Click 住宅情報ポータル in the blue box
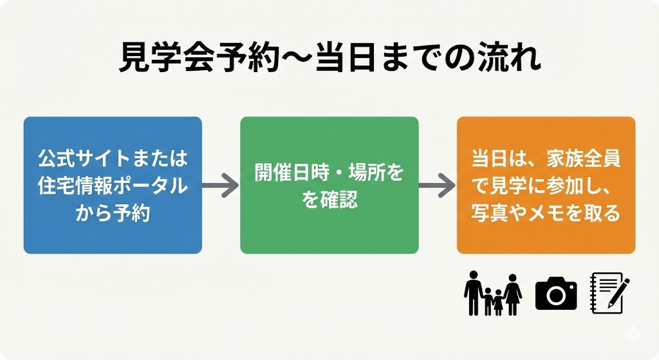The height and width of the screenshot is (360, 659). [113, 185]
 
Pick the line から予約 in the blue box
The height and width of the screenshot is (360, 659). [113, 213]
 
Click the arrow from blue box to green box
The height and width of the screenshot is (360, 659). [221, 186]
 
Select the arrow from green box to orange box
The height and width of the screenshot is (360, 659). [437, 186]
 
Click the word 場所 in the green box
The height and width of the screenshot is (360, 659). [367, 173]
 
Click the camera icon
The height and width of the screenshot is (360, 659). [556, 294]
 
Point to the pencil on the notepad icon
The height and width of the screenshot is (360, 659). [619, 291]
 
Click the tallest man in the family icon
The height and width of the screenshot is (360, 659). [474, 293]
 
